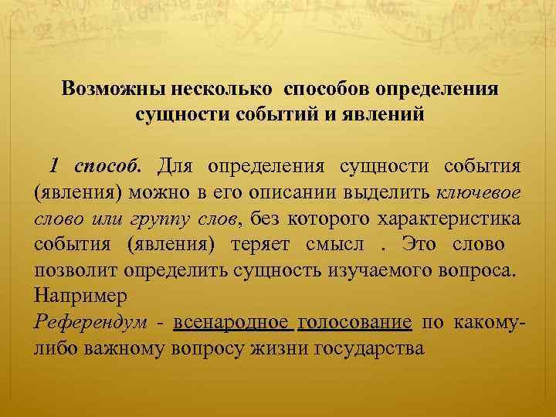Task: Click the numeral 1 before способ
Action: point(55,166)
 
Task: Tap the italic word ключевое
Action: point(478,192)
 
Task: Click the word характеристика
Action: point(449,218)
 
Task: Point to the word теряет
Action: point(260,244)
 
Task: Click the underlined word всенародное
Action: point(232,323)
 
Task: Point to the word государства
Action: point(370,349)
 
